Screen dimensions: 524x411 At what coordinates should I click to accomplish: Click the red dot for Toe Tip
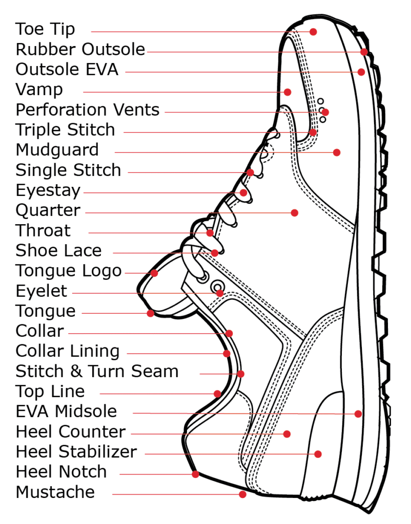[x=313, y=32]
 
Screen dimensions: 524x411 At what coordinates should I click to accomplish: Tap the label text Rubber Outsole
[x=80, y=50]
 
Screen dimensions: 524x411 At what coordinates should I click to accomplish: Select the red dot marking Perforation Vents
[x=325, y=112]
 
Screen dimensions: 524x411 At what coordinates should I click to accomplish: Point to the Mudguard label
[x=57, y=150]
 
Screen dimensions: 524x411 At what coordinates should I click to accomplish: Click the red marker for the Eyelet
[x=220, y=293]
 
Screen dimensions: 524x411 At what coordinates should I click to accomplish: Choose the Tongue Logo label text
[x=69, y=271]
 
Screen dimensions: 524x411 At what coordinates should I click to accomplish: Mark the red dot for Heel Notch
[x=195, y=474]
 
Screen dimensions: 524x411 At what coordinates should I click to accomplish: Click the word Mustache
[x=55, y=492]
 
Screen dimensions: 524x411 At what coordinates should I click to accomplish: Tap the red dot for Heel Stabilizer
[x=318, y=454]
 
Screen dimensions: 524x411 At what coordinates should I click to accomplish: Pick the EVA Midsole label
[x=66, y=411]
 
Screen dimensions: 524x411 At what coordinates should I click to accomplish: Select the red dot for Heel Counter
[x=287, y=434]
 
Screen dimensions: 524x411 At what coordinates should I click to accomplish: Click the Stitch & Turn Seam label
[x=97, y=371]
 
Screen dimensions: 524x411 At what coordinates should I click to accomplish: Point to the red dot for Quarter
[x=295, y=212]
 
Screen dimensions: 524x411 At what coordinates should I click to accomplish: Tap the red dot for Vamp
[x=287, y=92]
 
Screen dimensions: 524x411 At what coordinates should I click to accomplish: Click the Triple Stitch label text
[x=65, y=130]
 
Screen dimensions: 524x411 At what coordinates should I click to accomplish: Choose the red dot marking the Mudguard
[x=337, y=152]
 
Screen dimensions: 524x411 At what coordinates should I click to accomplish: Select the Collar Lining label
[x=67, y=351]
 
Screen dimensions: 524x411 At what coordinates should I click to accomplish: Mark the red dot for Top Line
[x=218, y=394]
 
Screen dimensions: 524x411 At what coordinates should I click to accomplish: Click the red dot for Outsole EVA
[x=361, y=72]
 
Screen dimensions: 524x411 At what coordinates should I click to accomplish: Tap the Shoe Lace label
[x=58, y=251]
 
